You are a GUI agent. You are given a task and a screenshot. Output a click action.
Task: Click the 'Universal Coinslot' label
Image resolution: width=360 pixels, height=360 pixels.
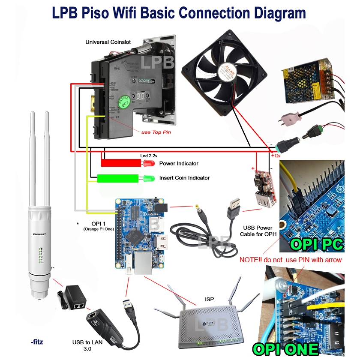point(108,42)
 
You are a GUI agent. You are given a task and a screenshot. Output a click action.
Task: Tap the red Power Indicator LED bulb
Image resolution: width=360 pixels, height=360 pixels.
point(148,163)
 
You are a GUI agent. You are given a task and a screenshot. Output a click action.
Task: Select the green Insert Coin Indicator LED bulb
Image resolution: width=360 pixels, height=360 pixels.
point(148,178)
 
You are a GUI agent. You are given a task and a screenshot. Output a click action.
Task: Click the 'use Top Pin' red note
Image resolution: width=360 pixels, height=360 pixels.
point(156,132)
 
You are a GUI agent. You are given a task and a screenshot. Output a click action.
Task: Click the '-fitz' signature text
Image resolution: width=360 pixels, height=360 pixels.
point(37,342)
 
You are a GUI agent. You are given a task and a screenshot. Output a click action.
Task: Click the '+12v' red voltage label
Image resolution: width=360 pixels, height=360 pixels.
point(275,156)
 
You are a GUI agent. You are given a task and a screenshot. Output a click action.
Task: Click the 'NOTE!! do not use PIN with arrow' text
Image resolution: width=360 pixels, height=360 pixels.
point(291,260)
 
